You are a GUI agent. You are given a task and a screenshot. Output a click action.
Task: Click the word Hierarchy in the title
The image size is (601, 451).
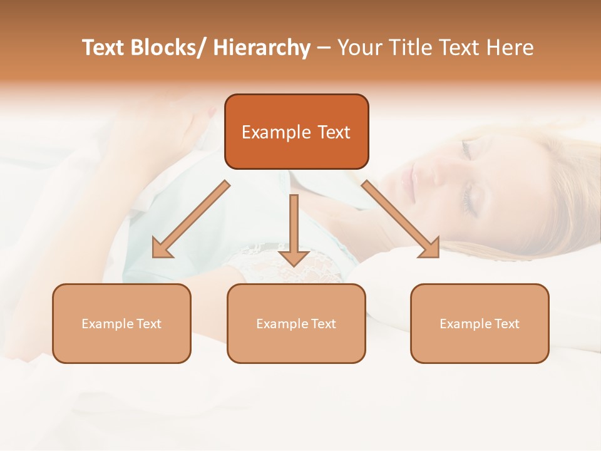click(x=262, y=48)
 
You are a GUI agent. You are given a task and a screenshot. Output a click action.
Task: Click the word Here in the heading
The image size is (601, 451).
click(x=511, y=48)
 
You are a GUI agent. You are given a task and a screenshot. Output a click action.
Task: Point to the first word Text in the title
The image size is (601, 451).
click(x=103, y=48)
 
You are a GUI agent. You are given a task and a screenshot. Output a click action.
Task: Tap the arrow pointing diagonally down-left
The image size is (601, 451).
click(x=192, y=219)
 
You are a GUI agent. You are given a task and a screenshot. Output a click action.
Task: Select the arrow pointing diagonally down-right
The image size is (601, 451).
click(x=401, y=219)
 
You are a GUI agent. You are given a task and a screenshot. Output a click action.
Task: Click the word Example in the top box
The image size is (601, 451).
click(x=267, y=132)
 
